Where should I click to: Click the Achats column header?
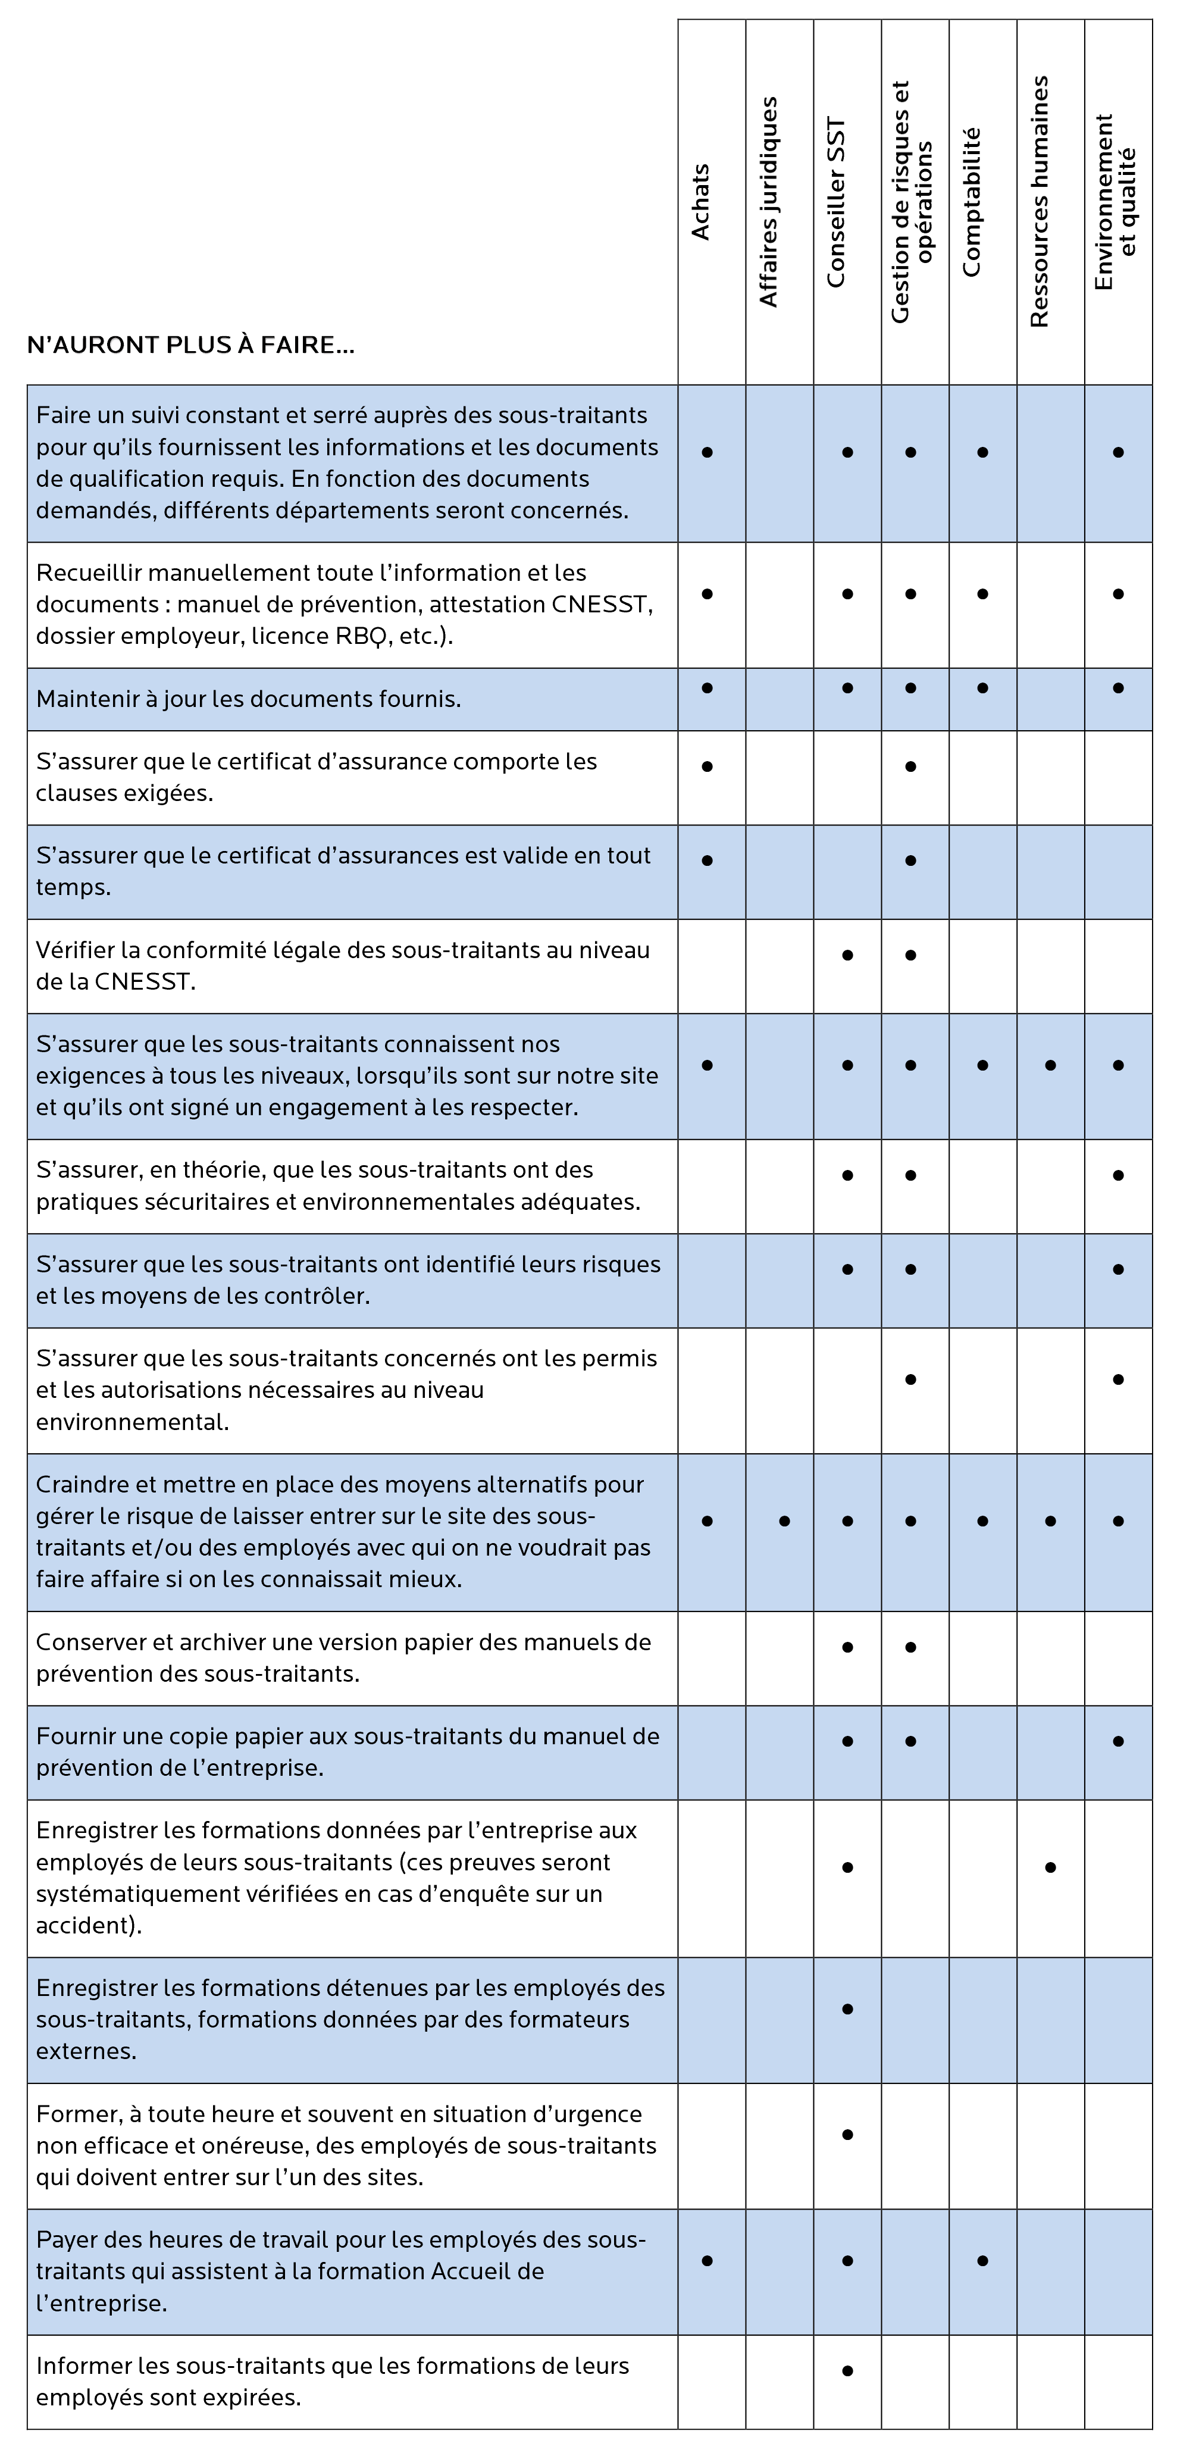(x=701, y=202)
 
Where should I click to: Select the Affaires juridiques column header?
(x=768, y=202)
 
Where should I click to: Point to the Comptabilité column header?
(x=971, y=202)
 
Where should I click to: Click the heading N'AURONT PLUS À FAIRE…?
(x=190, y=345)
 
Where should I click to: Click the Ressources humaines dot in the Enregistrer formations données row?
(x=1050, y=1867)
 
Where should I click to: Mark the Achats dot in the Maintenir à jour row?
(x=706, y=687)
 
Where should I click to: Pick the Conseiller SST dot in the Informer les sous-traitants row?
(x=847, y=2371)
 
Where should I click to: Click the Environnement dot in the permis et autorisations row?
(x=1118, y=1379)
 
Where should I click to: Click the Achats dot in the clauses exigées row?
(x=706, y=766)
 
